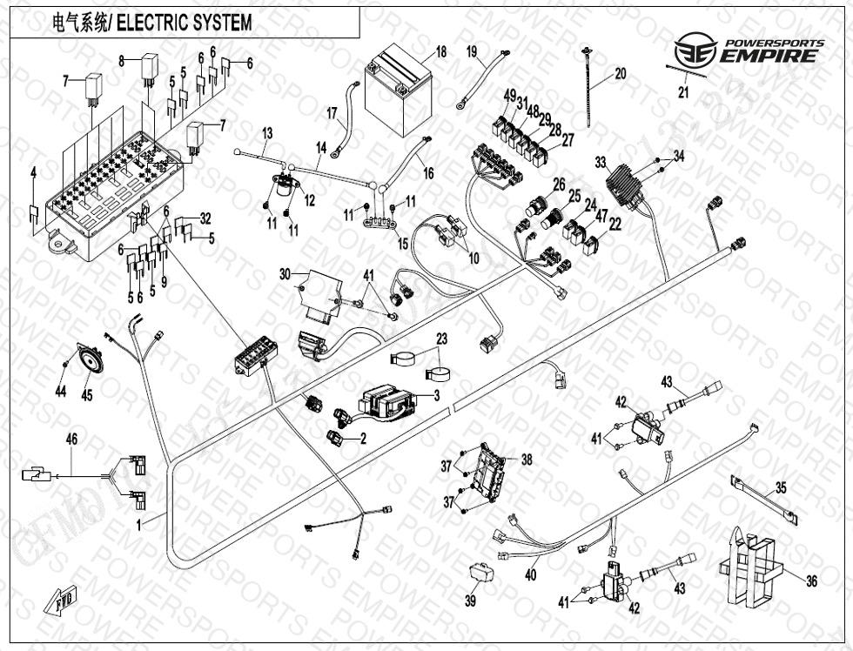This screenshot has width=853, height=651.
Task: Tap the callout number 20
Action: [x=620, y=74]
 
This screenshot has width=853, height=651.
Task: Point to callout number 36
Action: [x=811, y=581]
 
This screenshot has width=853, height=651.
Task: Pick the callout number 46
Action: [x=72, y=440]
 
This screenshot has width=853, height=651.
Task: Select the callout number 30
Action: [x=285, y=273]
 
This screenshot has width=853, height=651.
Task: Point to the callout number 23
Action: [x=441, y=339]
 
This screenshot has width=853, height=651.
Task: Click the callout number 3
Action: [x=436, y=395]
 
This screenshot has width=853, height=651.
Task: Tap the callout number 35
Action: [x=781, y=487]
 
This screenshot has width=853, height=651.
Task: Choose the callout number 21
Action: [x=683, y=93]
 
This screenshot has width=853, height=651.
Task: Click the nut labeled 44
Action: [x=67, y=361]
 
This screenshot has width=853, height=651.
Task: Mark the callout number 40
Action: [x=531, y=574]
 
